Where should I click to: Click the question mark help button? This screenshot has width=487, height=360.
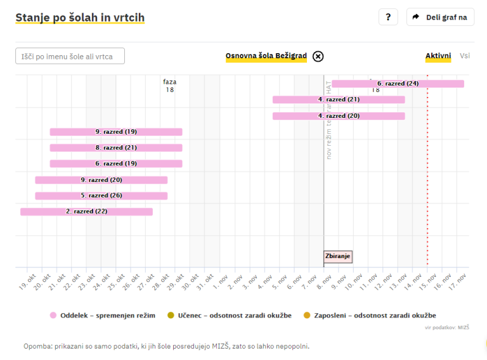[388, 17]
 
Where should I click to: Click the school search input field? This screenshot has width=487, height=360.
[70, 56]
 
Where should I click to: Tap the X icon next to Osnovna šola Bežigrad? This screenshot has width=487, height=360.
[318, 56]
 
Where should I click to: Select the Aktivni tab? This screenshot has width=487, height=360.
[438, 56]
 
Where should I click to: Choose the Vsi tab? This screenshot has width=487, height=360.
[465, 56]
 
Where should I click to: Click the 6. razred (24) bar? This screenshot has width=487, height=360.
[398, 84]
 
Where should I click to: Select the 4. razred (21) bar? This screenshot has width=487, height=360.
[339, 100]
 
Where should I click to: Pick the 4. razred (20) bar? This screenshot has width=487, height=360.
[339, 116]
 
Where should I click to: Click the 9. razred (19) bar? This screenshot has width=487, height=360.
[116, 132]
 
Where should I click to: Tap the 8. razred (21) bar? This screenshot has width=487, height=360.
[116, 148]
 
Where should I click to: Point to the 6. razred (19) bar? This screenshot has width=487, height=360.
[116, 164]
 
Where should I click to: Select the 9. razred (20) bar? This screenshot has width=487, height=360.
[101, 180]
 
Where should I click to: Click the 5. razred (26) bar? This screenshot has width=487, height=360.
[101, 196]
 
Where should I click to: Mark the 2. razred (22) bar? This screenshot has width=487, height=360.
[86, 212]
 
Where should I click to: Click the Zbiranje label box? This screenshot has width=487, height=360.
[337, 257]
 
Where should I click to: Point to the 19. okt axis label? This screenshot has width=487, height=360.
[26, 283]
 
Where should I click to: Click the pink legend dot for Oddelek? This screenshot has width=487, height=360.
[53, 315]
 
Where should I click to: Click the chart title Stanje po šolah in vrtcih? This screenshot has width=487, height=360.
[80, 18]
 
